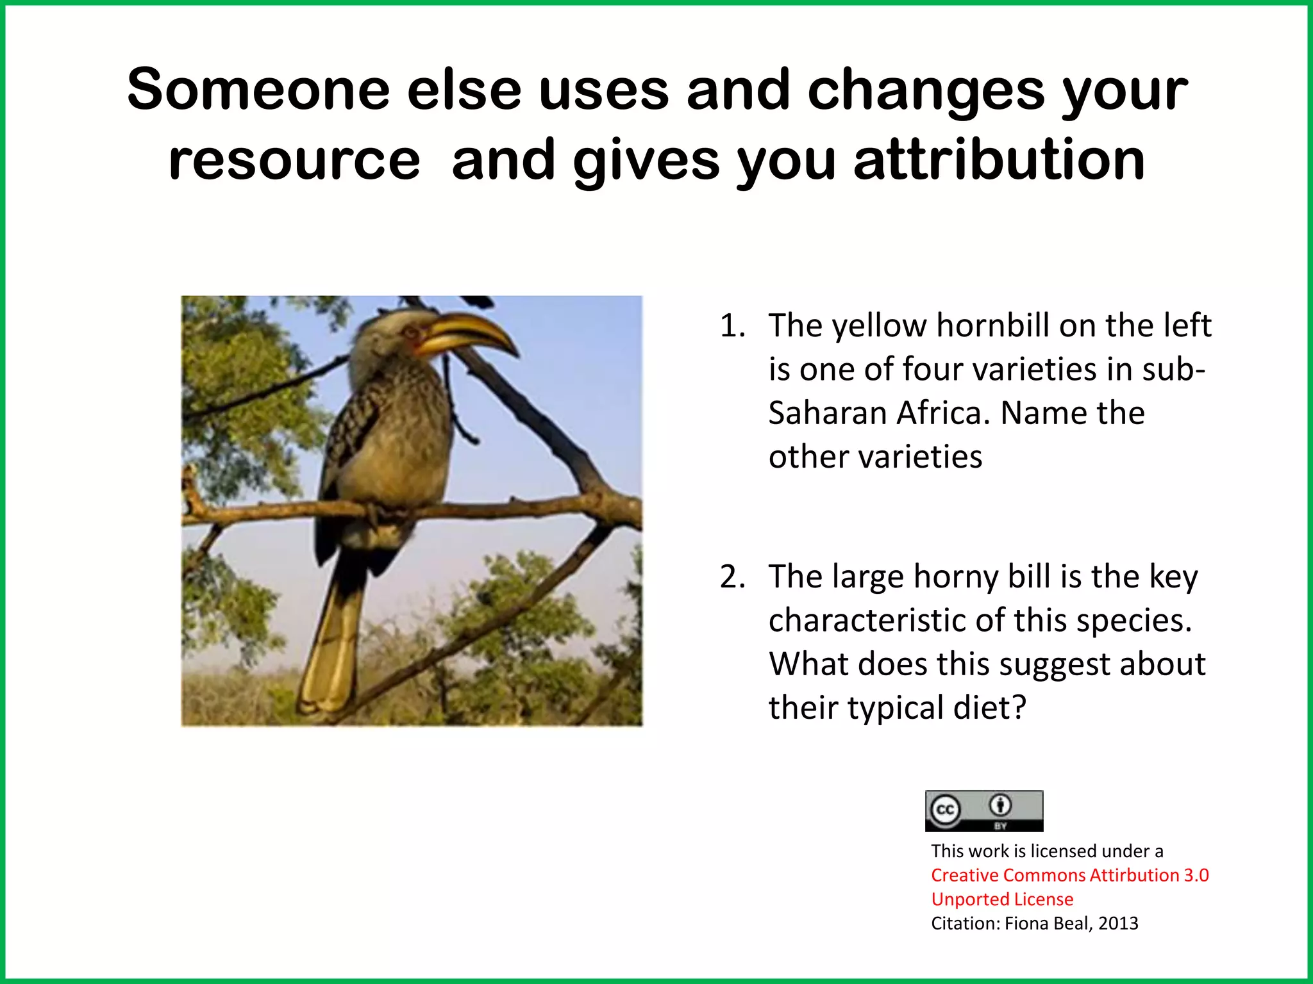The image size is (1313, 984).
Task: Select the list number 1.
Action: (732, 325)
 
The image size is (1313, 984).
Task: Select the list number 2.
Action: (732, 577)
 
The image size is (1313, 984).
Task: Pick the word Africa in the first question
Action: (939, 413)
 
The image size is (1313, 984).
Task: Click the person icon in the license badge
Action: (1000, 804)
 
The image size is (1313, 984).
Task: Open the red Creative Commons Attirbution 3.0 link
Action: (1069, 875)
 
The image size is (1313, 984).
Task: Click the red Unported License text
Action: (1001, 899)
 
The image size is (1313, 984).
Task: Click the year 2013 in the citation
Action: (1118, 923)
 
